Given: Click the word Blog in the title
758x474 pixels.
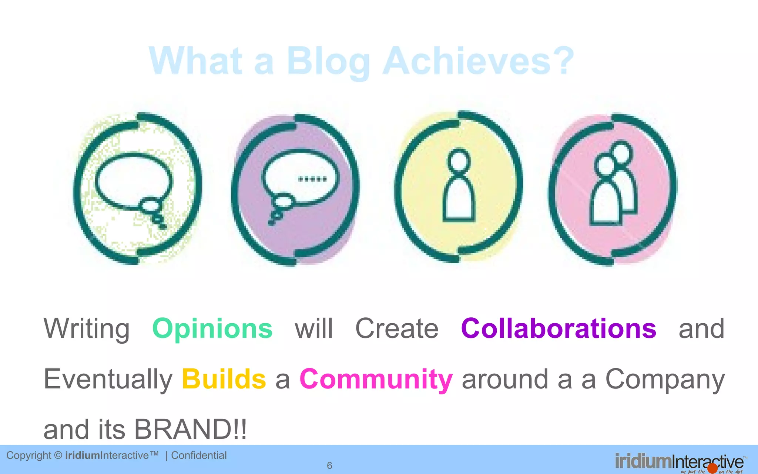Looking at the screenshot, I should [x=328, y=61].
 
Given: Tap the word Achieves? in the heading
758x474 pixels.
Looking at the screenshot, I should [x=478, y=61].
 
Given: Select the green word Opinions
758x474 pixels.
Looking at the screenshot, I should [x=212, y=329].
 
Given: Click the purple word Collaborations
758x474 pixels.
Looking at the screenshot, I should [x=559, y=328].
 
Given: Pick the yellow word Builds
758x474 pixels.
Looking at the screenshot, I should [x=224, y=379].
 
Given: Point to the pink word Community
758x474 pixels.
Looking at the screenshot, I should [x=376, y=380].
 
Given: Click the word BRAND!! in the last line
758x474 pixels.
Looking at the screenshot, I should [x=190, y=430].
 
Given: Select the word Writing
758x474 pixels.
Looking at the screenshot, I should [x=87, y=329].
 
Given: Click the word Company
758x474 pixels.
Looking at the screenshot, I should [x=665, y=380].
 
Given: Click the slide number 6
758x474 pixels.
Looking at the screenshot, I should [x=329, y=465].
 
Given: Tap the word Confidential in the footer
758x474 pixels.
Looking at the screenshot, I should [x=199, y=455].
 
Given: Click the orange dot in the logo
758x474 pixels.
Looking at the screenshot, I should [x=712, y=469].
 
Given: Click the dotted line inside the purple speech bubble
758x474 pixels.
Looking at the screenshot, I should [x=312, y=180].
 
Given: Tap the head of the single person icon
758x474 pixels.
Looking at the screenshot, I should [x=459, y=160].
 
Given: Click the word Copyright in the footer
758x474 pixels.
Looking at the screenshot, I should [x=29, y=455].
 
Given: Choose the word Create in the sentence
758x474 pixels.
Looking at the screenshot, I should [x=397, y=329].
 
